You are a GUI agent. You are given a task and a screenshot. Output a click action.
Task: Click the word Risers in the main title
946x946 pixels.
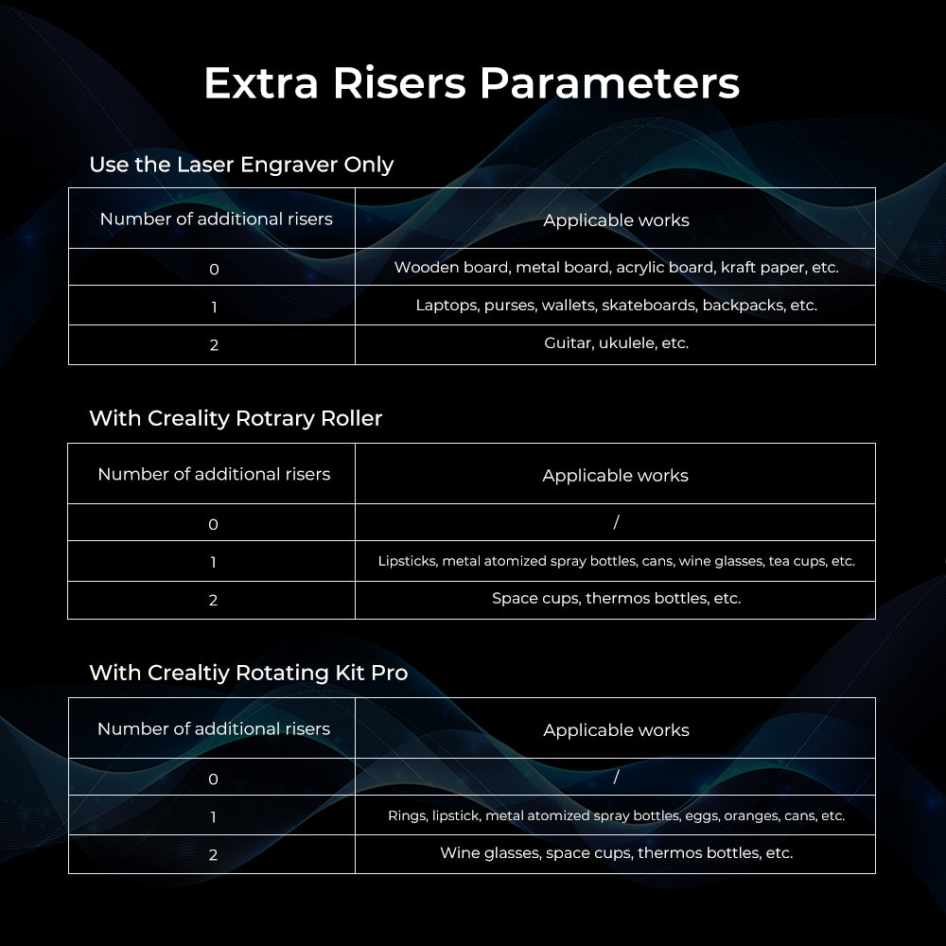(x=399, y=83)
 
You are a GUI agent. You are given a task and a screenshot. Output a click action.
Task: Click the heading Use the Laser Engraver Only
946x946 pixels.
(x=240, y=164)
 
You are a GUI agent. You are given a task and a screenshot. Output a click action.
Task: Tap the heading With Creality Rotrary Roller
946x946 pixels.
(x=235, y=418)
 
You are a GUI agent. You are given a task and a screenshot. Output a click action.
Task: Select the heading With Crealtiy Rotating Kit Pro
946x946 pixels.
(x=248, y=673)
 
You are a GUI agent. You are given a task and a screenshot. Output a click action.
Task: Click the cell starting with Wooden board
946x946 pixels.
(x=616, y=268)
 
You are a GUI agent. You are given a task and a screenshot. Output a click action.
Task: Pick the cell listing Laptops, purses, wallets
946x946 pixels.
(x=616, y=306)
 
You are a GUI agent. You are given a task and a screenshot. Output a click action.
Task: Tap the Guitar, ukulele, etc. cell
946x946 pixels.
(x=616, y=343)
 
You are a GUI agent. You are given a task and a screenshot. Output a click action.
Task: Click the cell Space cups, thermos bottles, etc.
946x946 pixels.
(x=616, y=598)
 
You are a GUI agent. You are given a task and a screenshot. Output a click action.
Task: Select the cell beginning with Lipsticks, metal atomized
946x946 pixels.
(x=616, y=561)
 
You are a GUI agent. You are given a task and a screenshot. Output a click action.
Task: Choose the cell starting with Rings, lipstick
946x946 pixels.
(x=616, y=815)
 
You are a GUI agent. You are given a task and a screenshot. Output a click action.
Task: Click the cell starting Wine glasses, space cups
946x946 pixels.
(x=616, y=852)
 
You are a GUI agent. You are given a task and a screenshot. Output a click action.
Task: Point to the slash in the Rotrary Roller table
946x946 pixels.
(x=616, y=522)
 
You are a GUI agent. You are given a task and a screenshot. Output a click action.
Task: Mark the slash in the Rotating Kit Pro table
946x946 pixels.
(x=616, y=777)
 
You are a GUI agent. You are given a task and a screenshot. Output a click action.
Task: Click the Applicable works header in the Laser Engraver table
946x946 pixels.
(x=616, y=220)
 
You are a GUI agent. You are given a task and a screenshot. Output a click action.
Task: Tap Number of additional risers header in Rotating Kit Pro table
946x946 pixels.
(x=214, y=728)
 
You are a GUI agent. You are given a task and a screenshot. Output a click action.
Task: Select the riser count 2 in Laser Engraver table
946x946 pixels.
(x=214, y=345)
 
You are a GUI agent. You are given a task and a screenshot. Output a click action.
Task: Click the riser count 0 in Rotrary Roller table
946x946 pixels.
(x=213, y=524)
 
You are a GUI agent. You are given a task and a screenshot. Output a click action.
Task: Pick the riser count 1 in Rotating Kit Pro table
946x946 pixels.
(x=213, y=816)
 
